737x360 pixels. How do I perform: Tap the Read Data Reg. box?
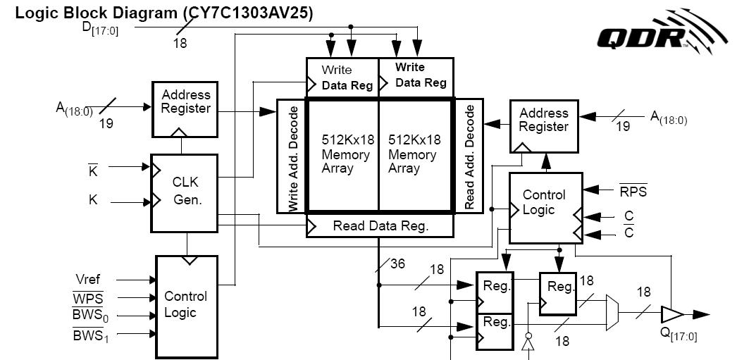click(380, 226)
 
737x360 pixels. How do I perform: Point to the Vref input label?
click(88, 280)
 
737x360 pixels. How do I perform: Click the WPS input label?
click(88, 298)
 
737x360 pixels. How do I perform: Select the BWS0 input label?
click(91, 316)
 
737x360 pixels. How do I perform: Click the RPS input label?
click(633, 191)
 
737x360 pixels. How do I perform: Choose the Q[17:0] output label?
click(678, 334)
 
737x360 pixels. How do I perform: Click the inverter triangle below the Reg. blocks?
click(526, 343)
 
